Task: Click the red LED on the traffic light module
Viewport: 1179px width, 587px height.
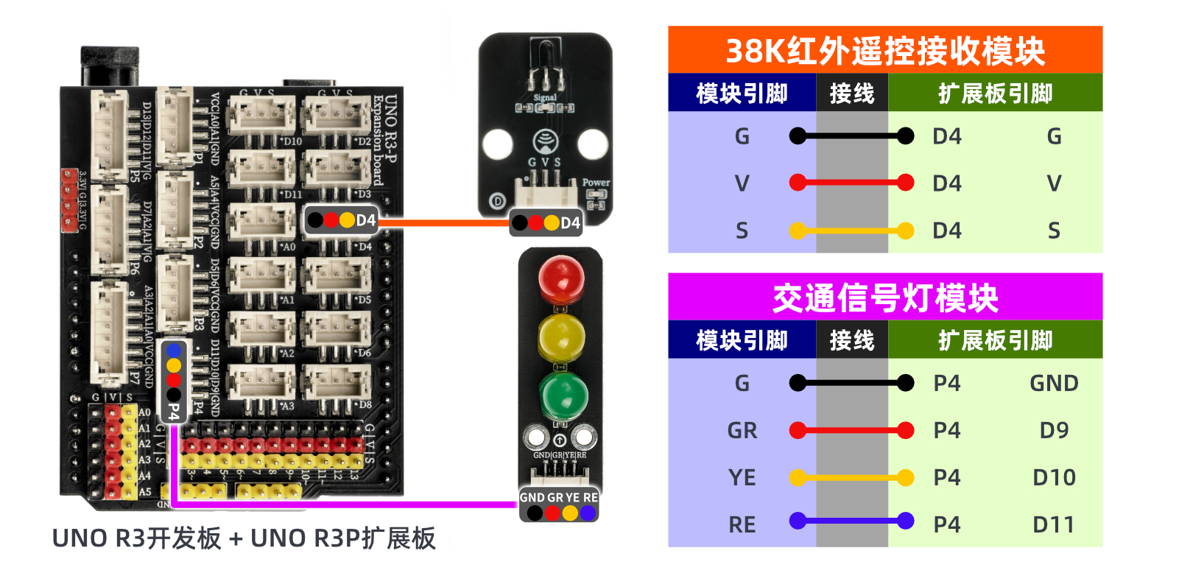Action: [561, 279]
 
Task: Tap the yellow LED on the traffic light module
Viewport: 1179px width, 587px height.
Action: [561, 337]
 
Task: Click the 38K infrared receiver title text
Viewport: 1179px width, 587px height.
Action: [884, 51]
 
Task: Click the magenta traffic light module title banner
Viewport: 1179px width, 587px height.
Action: [884, 298]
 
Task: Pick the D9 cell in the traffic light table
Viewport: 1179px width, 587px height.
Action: [1054, 430]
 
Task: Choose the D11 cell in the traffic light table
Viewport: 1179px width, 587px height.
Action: [1054, 524]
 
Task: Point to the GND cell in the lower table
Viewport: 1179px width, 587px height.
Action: [1054, 383]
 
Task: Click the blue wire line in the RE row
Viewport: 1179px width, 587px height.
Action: [851, 521]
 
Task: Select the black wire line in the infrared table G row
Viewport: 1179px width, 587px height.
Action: [851, 136]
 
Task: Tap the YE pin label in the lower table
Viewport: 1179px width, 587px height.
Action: [742, 477]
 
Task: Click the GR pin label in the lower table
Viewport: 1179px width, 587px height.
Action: [742, 430]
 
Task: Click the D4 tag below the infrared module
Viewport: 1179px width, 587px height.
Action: [546, 222]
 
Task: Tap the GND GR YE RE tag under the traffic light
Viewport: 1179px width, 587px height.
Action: [559, 505]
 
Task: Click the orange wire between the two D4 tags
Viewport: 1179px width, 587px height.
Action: [446, 222]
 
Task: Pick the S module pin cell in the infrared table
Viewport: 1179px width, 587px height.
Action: [742, 231]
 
